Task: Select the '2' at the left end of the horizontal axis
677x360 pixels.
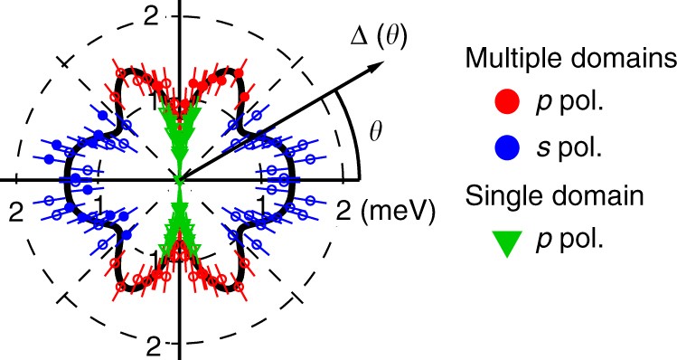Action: [x=14, y=210]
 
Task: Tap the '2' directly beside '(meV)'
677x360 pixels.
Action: [x=344, y=211]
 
